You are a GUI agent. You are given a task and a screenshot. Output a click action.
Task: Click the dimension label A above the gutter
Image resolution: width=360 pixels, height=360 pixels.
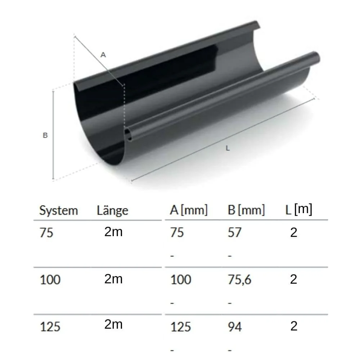[103, 55]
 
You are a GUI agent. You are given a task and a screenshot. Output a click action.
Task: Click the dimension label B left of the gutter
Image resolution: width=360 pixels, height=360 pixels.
[45, 136]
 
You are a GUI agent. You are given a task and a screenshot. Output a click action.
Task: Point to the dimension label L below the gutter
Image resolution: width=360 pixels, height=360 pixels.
[227, 148]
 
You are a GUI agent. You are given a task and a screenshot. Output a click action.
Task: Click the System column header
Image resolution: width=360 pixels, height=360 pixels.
[58, 211]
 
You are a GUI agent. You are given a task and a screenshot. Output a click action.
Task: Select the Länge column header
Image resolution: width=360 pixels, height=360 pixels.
[112, 211]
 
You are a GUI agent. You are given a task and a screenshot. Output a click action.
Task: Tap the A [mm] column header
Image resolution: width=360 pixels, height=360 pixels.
[189, 210]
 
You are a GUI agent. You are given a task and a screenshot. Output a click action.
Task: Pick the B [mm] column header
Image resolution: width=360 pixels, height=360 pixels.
[246, 210]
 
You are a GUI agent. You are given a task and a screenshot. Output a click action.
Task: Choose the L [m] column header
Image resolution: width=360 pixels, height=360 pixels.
[298, 210]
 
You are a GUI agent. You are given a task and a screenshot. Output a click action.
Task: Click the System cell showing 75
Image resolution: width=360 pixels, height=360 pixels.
[46, 233]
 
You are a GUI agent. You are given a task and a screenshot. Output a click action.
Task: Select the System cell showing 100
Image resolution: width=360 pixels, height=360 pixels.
[50, 280]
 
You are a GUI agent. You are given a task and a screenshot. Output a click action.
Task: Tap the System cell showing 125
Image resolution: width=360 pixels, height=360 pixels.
[50, 327]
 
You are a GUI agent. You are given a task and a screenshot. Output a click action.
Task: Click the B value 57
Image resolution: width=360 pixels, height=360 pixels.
[234, 233]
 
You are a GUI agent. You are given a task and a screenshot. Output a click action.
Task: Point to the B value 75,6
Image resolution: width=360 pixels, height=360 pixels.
[239, 280]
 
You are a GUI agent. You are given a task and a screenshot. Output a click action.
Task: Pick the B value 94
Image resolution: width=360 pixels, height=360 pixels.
[235, 327]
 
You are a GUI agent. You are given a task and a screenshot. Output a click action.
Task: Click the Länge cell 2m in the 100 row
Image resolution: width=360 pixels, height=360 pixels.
[113, 279]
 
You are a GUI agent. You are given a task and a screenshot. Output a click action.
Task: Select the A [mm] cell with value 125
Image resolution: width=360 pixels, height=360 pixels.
[180, 327]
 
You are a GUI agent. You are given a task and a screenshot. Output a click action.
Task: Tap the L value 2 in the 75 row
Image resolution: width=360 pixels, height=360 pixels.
[294, 233]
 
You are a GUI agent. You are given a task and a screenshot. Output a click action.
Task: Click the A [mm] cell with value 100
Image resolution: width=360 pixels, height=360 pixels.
[180, 280]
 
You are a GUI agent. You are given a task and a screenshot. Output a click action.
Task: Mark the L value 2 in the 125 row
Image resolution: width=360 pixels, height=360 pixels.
[294, 326]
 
